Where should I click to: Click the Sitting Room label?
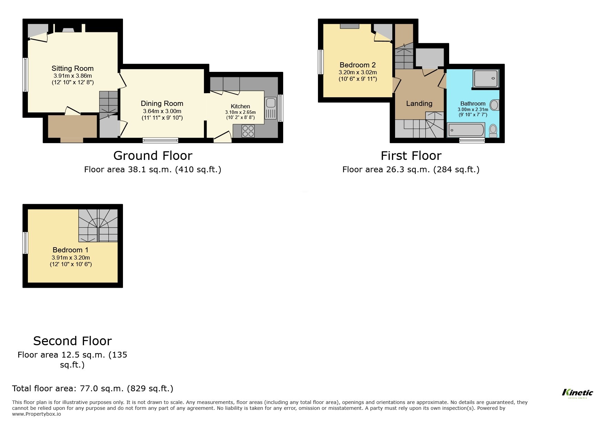pyautogui.click(x=72, y=68)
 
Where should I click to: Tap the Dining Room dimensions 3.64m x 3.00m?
pyautogui.click(x=162, y=111)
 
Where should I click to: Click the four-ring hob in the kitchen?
pyautogui.click(x=248, y=131)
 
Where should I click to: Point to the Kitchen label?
pyautogui.click(x=240, y=106)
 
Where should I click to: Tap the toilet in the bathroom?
pyautogui.click(x=493, y=130)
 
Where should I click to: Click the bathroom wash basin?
pyautogui.click(x=494, y=105)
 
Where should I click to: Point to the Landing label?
pyautogui.click(x=419, y=103)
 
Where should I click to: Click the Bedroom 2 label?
pyautogui.click(x=358, y=65)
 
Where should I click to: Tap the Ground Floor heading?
pyautogui.click(x=153, y=156)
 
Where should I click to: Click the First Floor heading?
pyautogui.click(x=411, y=156)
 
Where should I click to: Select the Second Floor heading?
pyautogui.click(x=72, y=341)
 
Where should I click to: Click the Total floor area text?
pyautogui.click(x=92, y=389)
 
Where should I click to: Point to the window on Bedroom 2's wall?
pyautogui.click(x=321, y=62)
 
